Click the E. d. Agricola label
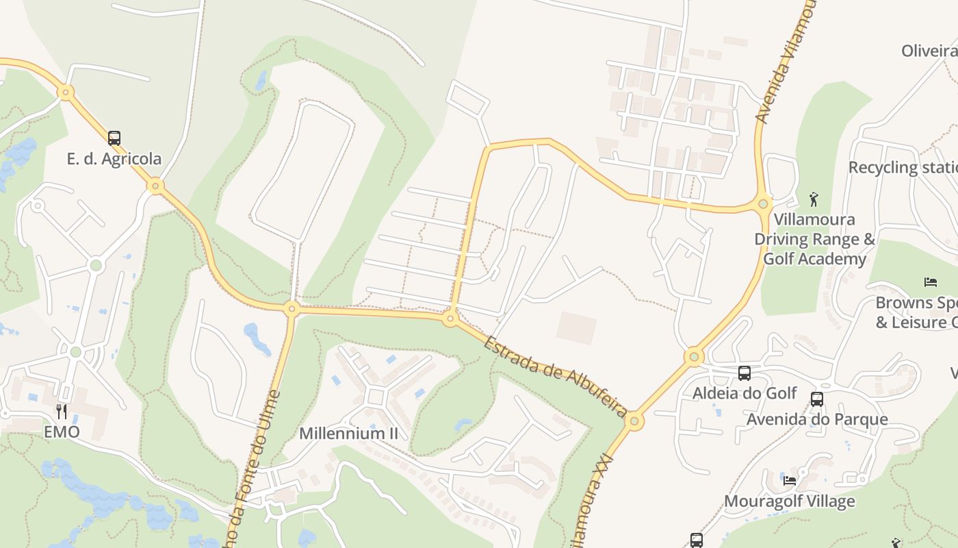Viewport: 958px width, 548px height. click(x=114, y=159)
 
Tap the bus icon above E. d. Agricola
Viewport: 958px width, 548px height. click(x=114, y=138)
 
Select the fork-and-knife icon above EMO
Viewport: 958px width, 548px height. click(x=62, y=411)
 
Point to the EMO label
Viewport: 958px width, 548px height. click(x=62, y=432)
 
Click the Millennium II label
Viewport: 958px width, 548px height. click(x=348, y=434)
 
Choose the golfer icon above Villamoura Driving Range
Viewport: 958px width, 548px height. click(x=814, y=199)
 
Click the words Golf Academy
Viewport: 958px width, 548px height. click(x=814, y=259)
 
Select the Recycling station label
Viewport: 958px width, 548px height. click(x=902, y=167)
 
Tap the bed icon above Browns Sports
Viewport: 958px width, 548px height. click(x=930, y=282)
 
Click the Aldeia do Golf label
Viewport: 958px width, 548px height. click(x=745, y=393)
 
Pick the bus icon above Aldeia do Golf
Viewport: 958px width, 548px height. click(x=745, y=373)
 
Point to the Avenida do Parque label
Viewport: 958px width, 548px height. click(x=817, y=419)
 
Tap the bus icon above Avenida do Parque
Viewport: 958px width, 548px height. click(x=816, y=399)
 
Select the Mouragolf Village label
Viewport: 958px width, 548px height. click(x=789, y=501)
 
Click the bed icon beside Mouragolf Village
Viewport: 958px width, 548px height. click(x=790, y=480)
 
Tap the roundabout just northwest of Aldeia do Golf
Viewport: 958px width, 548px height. click(x=694, y=356)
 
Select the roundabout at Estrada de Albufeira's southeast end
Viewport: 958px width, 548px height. click(x=634, y=420)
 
